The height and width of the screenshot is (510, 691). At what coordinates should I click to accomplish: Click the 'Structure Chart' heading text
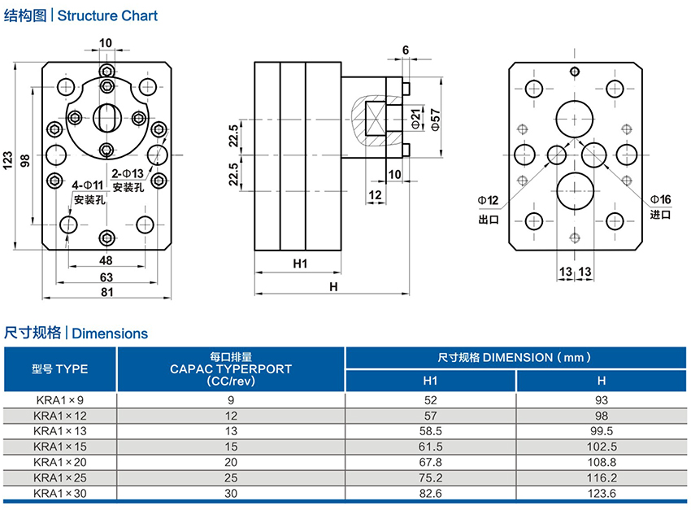(x=107, y=15)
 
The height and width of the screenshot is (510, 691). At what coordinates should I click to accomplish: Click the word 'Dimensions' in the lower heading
(x=110, y=333)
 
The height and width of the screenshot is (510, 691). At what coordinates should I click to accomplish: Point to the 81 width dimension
(x=106, y=293)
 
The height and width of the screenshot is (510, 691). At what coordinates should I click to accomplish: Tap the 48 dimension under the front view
(x=106, y=260)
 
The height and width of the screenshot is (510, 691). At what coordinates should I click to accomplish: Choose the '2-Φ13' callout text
(x=128, y=172)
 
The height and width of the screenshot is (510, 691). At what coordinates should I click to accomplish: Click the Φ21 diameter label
(x=415, y=120)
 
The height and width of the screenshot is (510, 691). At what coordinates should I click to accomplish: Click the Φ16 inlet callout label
(x=659, y=200)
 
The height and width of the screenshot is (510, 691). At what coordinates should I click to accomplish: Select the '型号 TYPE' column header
(x=60, y=368)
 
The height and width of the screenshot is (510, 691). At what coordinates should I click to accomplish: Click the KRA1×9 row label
(x=60, y=399)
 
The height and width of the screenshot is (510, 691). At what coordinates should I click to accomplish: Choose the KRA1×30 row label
(x=60, y=493)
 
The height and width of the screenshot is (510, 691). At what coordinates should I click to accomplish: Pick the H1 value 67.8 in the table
(x=430, y=462)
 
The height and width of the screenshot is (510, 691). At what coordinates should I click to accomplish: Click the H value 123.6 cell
(x=601, y=493)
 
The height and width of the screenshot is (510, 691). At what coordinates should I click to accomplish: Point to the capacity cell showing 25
(x=231, y=477)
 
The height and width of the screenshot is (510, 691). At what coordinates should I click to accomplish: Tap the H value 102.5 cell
(x=601, y=447)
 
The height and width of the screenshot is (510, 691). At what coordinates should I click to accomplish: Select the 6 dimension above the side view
(x=405, y=50)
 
